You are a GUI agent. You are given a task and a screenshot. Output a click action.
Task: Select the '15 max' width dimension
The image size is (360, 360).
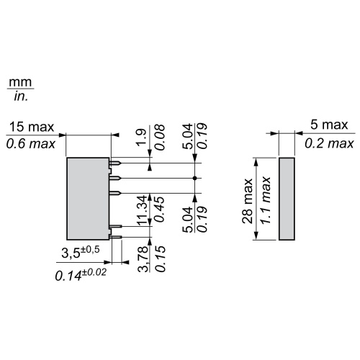click(31, 127)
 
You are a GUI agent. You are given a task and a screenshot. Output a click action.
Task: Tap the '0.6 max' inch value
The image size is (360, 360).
click(31, 144)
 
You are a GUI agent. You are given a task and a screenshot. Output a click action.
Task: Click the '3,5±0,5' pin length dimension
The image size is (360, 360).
click(78, 253)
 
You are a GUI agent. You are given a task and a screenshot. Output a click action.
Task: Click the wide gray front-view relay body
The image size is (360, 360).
click(88, 198)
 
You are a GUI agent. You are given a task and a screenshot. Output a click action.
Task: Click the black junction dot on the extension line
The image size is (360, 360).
click(196, 177)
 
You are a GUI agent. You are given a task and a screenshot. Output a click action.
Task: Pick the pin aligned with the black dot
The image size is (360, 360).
click(114, 177)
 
